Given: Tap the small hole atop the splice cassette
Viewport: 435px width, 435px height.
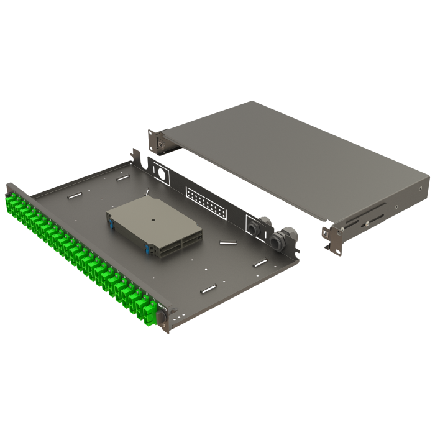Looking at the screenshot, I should point(152,219).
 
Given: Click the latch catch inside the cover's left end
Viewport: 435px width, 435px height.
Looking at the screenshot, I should point(163,145).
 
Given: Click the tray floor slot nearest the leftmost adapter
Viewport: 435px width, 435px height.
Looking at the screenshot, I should point(75,195).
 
